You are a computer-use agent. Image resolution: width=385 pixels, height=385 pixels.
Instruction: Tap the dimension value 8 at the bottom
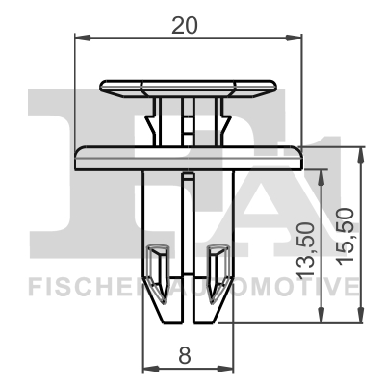tap(185, 354)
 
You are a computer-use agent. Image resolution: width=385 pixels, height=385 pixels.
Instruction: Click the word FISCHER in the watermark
tap(77, 286)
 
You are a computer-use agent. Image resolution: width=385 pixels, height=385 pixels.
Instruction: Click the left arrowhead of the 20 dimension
tap(81, 38)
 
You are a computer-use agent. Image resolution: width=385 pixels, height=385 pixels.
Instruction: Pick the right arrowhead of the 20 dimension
tap(296, 38)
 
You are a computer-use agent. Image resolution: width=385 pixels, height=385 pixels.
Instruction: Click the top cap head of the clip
tap(188, 86)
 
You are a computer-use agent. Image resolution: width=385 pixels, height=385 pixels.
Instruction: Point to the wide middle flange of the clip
tap(189, 154)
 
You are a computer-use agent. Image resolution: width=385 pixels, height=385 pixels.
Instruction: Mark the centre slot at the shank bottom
tap(189, 298)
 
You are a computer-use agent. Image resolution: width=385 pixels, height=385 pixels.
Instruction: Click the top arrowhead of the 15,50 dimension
tap(362, 153)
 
